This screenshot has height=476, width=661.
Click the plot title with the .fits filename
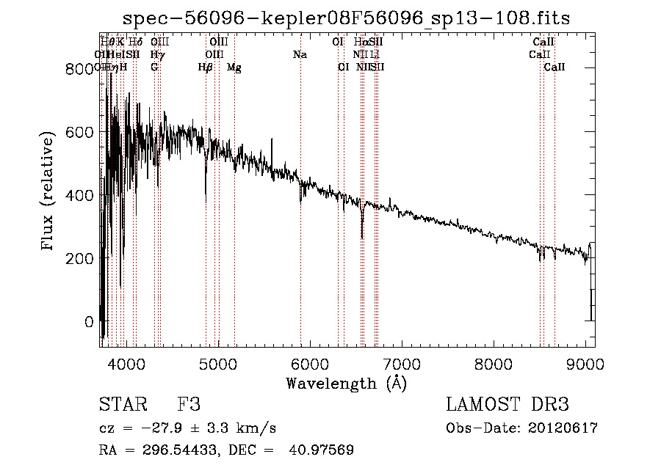coord(347,18)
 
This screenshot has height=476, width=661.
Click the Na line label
coord(300,54)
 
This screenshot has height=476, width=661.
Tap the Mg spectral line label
coord(234,67)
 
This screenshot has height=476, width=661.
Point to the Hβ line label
coord(206,67)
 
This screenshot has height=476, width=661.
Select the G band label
coord(154,67)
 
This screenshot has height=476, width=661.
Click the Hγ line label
coord(156,54)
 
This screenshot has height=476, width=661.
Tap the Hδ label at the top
coord(135,42)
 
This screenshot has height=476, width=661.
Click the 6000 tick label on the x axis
coord(308,363)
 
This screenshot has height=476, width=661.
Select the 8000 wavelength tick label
coord(493,363)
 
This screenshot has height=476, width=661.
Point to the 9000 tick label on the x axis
coord(585,363)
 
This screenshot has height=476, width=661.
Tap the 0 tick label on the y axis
coord(89,321)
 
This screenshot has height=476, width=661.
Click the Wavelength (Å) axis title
coord(347,383)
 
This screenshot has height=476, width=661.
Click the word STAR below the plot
coord(122,405)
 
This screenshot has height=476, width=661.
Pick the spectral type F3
coord(189,405)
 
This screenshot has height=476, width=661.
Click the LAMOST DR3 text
coord(508,405)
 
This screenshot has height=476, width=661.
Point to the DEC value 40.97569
coord(322,450)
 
